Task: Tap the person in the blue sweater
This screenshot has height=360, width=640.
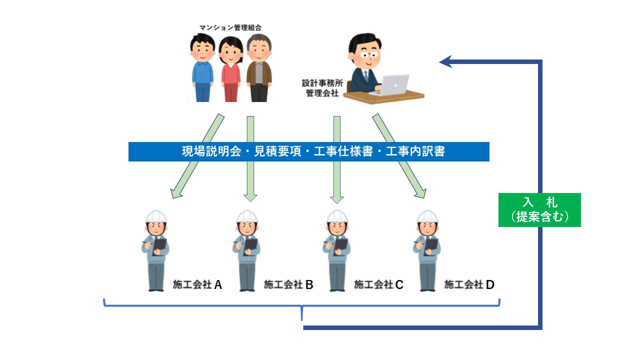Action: pyautogui.click(x=202, y=70)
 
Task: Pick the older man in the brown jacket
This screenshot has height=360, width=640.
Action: pyautogui.click(x=259, y=70)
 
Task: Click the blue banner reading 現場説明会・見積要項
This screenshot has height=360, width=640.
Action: pyautogui.click(x=308, y=152)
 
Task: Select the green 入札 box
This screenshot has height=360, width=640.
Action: pyautogui.click(x=539, y=210)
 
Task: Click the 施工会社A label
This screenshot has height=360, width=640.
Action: pyautogui.click(x=197, y=285)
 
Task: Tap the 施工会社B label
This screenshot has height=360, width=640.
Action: pyautogui.click(x=288, y=285)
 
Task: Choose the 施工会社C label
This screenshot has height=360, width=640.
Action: pyautogui.click(x=378, y=285)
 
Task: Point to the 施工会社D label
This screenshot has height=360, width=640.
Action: pyautogui.click(x=469, y=285)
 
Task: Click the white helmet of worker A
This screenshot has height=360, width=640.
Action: pyautogui.click(x=156, y=216)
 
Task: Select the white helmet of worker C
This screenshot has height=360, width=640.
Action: pyautogui.click(x=337, y=216)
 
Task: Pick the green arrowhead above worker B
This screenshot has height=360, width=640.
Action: pyautogui.click(x=250, y=196)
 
